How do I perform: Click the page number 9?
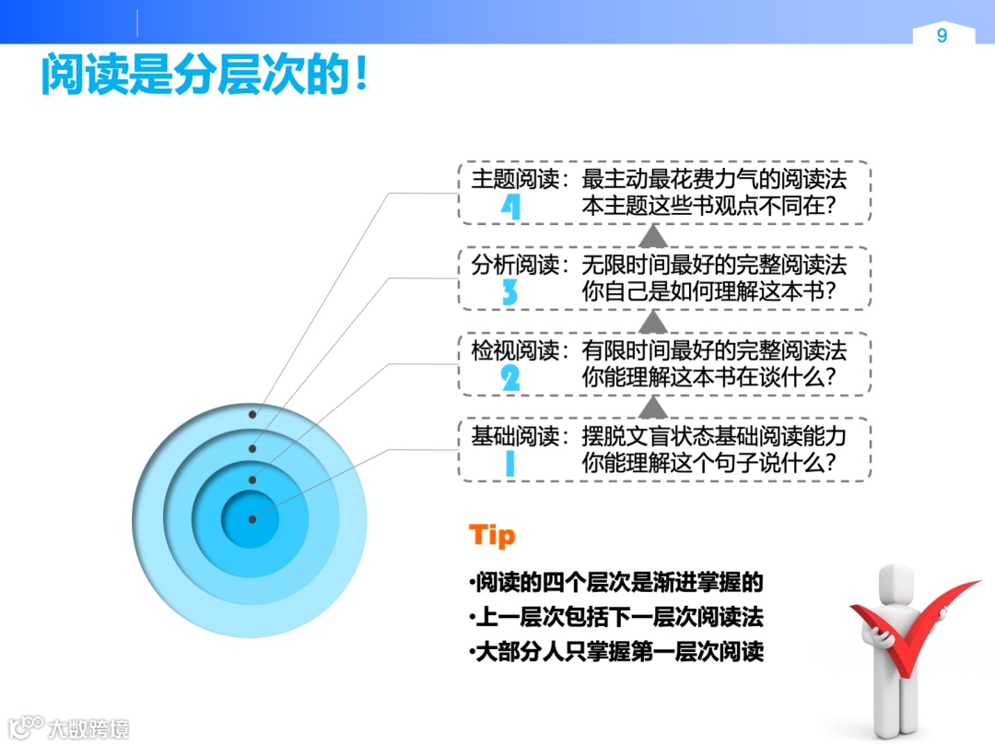[942, 36]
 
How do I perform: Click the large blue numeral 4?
[510, 207]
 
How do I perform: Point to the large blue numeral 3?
[509, 293]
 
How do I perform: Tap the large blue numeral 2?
[509, 378]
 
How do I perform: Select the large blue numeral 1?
[509, 464]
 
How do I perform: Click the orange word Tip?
[492, 536]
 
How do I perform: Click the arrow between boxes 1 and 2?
[652, 406]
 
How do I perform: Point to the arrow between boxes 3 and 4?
[652, 235]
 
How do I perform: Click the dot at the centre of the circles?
[252, 519]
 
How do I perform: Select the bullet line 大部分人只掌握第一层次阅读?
[616, 651]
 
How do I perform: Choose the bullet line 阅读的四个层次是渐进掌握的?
[616, 583]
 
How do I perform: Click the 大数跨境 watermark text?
[88, 729]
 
